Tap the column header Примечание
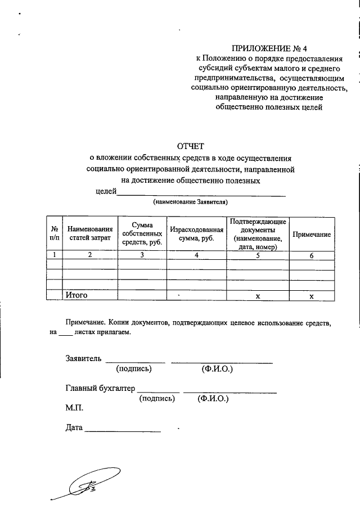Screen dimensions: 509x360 pyautogui.click(x=310, y=234)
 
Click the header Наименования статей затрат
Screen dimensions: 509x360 pyautogui.click(x=90, y=234)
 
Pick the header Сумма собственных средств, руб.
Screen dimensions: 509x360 pyautogui.click(x=142, y=234)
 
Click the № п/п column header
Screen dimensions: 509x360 pyautogui.click(x=55, y=234)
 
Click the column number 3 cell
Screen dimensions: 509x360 pyautogui.click(x=142, y=255)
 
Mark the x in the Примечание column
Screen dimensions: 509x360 pyautogui.click(x=310, y=296)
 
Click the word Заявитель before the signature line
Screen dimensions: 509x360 pyautogui.click(x=83, y=358)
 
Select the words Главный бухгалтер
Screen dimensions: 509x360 pyautogui.click(x=100, y=388)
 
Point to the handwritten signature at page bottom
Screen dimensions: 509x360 pyautogui.click(x=84, y=487)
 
